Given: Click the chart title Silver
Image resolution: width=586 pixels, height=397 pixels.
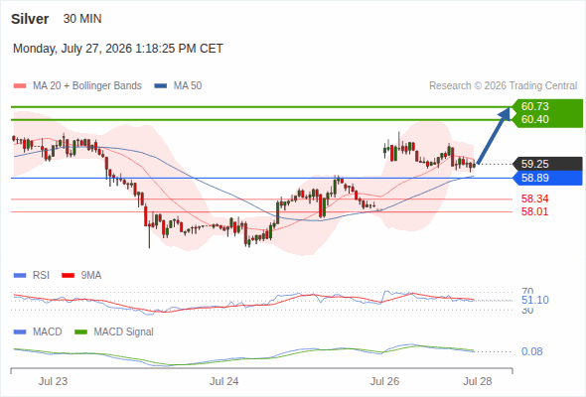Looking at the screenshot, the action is coord(30,19).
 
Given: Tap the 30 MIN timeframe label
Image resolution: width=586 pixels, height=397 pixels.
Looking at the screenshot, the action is coord(82,19).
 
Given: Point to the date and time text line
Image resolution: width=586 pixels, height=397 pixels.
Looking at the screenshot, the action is coord(118,49).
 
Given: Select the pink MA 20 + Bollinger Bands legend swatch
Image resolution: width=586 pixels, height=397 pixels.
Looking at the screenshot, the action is coord(20,86).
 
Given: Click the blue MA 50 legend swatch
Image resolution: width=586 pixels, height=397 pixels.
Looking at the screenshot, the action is coord(161,86).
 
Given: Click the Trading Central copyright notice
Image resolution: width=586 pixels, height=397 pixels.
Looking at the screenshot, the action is coord(503,86).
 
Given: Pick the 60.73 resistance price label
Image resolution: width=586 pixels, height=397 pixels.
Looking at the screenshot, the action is coord(534,106).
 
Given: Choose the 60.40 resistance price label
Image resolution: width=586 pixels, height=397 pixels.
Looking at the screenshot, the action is coord(534,119).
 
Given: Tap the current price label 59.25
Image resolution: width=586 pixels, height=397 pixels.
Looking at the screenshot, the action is coord(534,164).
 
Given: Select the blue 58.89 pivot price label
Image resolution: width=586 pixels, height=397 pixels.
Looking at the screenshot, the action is coord(534,178).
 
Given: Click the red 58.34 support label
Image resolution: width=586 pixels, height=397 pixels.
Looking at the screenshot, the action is coord(534,198).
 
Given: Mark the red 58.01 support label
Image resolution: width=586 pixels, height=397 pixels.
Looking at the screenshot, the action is coord(534,211).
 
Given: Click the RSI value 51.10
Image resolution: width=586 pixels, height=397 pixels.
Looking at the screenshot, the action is coord(534,300).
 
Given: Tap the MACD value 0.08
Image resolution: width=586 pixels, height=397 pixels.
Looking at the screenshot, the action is coord(531,351).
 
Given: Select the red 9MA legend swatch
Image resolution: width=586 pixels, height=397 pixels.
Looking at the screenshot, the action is coord(68,276).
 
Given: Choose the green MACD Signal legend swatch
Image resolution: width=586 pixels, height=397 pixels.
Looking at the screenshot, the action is coord(81,332).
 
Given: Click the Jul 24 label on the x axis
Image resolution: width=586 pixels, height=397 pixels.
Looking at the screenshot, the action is coord(223,381).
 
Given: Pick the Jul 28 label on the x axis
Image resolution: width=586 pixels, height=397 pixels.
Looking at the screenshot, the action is coord(478,381).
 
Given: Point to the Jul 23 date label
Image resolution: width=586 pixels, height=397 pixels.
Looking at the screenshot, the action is coord(53,381).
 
